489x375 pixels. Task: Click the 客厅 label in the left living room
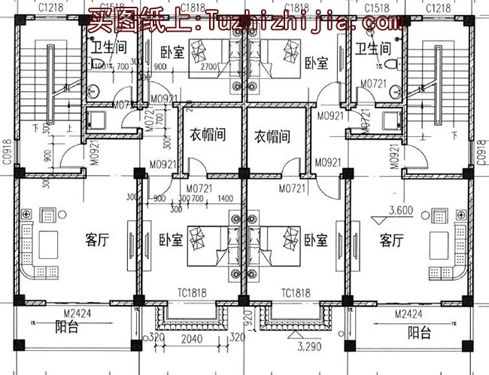pyautogui.click(x=98, y=240)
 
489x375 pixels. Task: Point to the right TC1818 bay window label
pyautogui.click(x=296, y=293)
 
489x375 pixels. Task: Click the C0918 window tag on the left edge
pyautogui.click(x=7, y=150)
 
